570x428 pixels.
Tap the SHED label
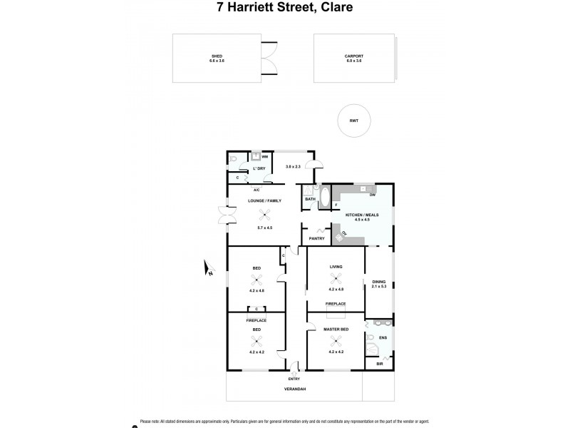217,55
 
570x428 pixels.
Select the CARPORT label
353,55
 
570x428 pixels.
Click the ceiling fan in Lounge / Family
265,219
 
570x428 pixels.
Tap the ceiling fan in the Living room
336,279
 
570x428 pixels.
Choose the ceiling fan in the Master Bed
335,340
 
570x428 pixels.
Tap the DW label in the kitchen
372,195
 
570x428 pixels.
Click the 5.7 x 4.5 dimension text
265,228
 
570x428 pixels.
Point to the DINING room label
378,282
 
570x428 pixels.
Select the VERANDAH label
294,389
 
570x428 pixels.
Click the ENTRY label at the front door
294,378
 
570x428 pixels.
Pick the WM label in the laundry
264,156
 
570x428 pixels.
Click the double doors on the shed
269,57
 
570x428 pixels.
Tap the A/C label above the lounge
256,190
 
